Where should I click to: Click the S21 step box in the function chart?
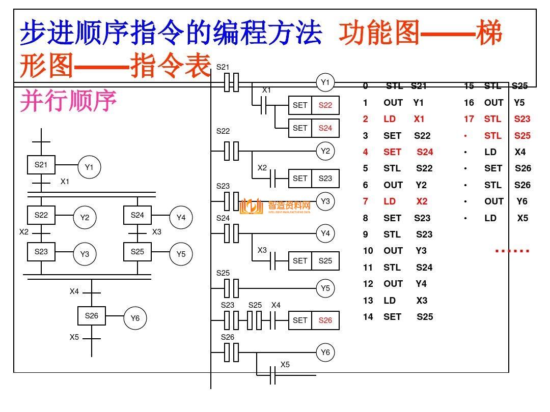[41, 165]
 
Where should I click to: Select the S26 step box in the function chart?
[91, 316]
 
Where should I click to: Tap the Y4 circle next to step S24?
[181, 218]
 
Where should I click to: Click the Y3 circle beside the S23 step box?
[85, 254]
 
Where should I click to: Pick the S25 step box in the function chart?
[137, 252]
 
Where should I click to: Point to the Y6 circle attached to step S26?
[134, 318]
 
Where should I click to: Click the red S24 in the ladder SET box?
[325, 128]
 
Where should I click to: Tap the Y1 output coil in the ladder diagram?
[325, 82]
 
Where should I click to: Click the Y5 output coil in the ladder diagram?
[325, 288]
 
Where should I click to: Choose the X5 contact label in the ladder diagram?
[285, 365]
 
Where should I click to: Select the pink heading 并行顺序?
[68, 101]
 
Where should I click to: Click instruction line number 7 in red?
[365, 201]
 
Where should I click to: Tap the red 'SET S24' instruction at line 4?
[408, 152]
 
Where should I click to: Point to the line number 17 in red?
[469, 119]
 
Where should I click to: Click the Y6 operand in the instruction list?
[522, 201]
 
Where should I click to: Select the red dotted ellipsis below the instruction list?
[512, 251]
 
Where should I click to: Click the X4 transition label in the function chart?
[74, 292]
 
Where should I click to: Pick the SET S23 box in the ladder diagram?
[313, 179]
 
